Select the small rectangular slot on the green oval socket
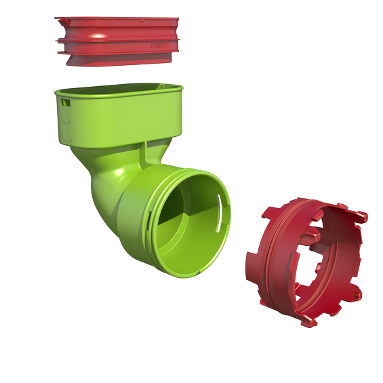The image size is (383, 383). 64,102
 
